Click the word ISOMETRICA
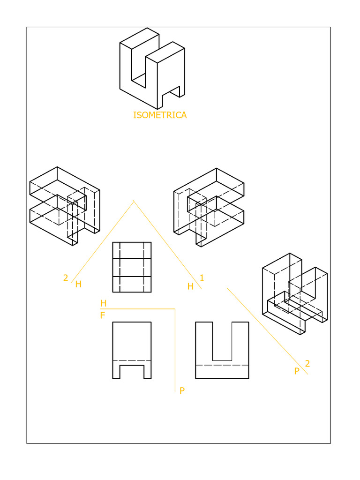(x=159, y=115)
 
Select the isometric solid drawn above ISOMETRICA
(x=151, y=68)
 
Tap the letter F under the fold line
(x=103, y=316)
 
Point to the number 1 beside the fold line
(x=202, y=278)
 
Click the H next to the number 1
(x=190, y=286)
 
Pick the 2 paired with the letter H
(x=66, y=278)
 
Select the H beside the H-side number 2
(x=78, y=284)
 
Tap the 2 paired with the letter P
(x=307, y=363)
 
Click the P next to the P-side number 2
(x=297, y=371)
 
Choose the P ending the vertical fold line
(x=182, y=391)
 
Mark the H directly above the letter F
(x=103, y=304)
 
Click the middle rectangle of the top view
(x=132, y=267)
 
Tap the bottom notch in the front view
(x=132, y=372)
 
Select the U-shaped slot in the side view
(x=222, y=341)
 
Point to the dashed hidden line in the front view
(x=132, y=360)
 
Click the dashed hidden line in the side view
(x=222, y=365)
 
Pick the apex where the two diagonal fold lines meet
(x=134, y=201)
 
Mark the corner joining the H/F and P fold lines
(x=175, y=309)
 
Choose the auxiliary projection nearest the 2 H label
(x=64, y=206)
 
